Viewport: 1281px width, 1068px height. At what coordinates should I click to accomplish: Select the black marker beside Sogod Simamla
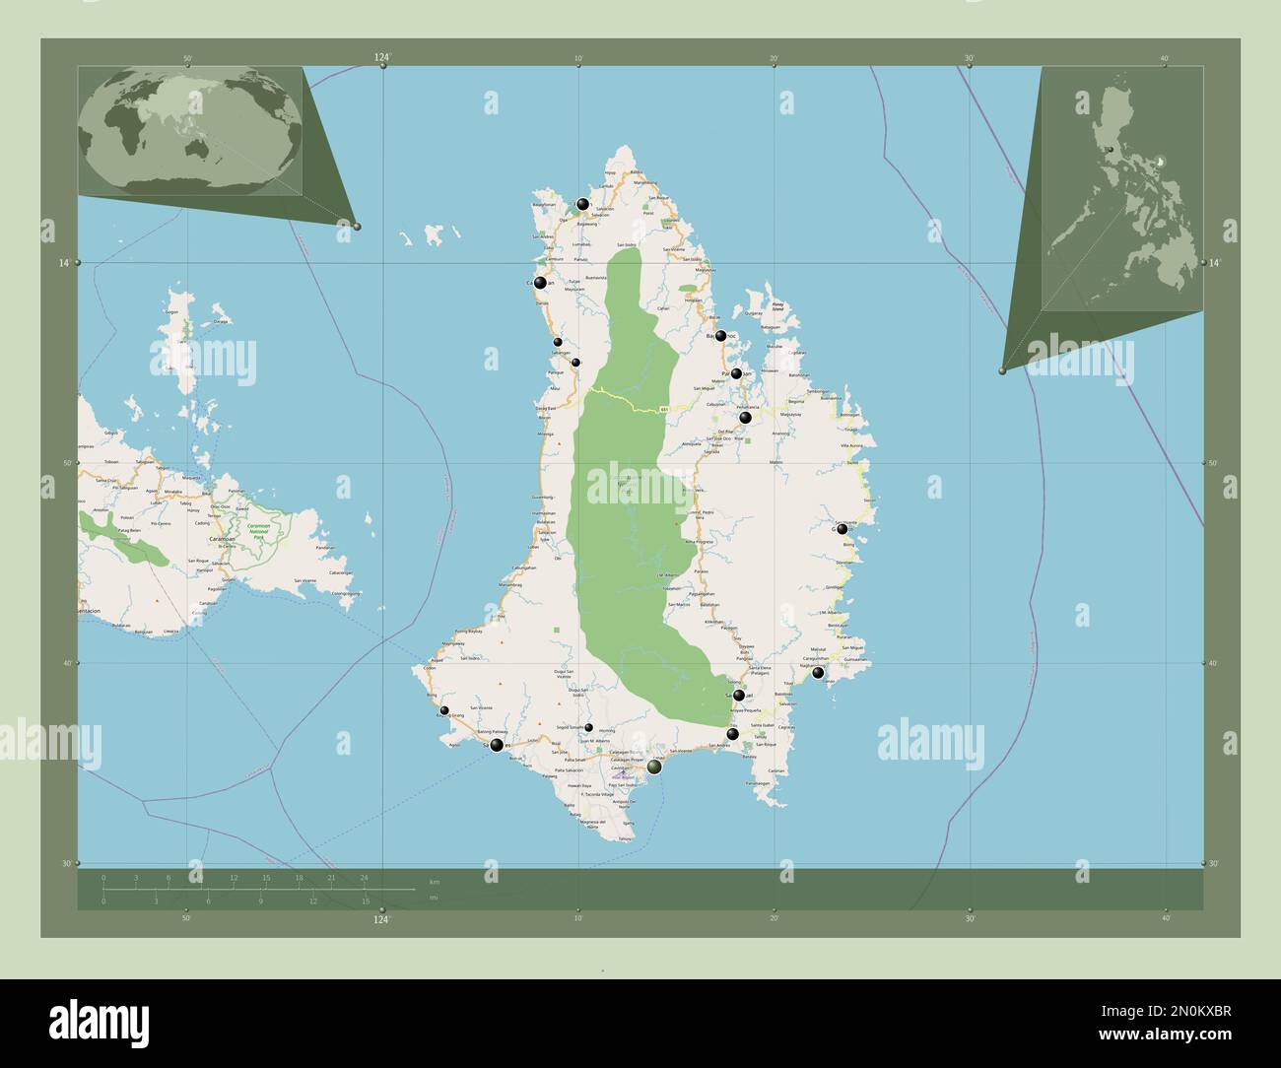point(588,728)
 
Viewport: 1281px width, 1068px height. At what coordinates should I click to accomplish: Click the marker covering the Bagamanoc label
point(721,336)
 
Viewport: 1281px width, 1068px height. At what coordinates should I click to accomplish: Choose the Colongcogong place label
point(344,594)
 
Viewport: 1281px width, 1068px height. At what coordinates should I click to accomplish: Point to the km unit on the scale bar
point(434,880)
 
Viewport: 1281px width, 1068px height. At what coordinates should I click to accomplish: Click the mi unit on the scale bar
point(434,898)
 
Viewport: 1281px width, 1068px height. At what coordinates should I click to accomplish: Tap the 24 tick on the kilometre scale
point(364,877)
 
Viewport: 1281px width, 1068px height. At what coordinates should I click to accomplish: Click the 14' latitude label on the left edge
point(63,263)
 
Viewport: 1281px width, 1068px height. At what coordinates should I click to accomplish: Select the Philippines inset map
point(1122,192)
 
